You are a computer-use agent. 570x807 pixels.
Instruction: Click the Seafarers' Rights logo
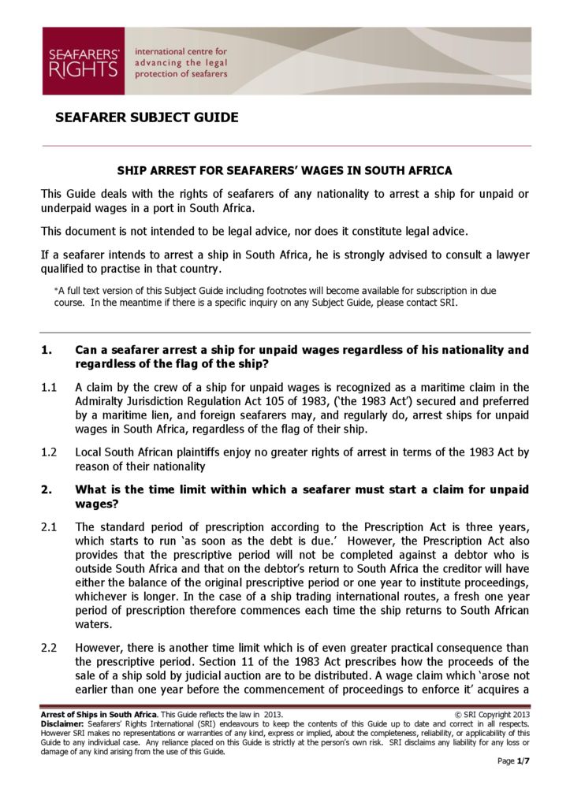point(83,61)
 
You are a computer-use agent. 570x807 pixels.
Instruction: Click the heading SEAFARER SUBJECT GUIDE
point(147,118)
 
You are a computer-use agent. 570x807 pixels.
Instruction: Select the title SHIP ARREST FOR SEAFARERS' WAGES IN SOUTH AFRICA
point(285,170)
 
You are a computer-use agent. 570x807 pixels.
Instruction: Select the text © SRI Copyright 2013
point(493,715)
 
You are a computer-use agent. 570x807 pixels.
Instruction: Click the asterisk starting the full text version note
point(56,291)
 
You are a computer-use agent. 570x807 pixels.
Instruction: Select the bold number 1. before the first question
point(47,350)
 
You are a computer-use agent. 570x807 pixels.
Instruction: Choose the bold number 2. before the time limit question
point(47,490)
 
